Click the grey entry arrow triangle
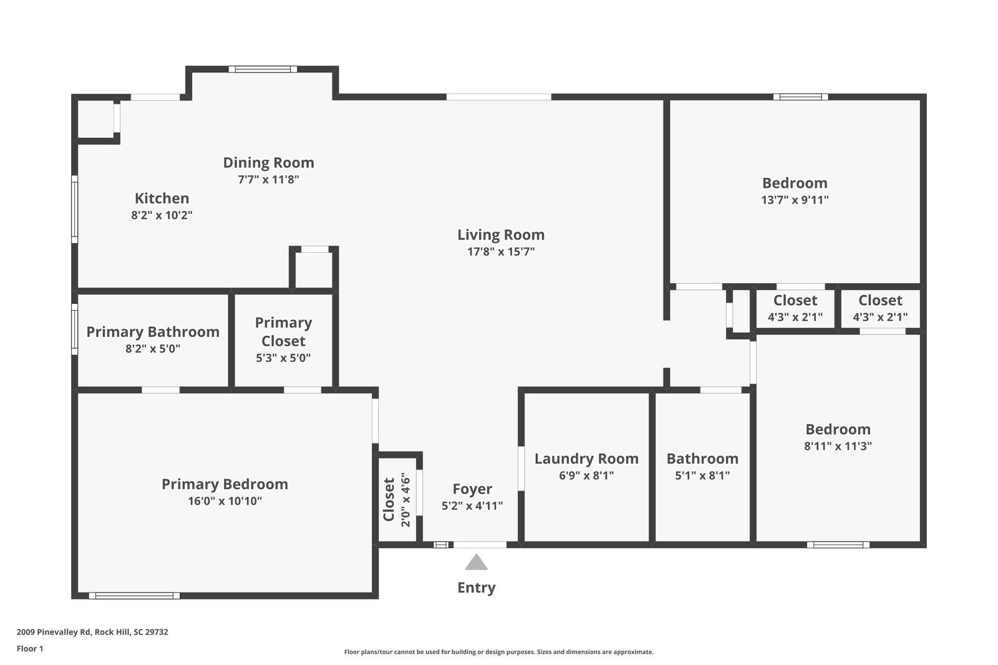click(x=476, y=563)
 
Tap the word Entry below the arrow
click(x=476, y=588)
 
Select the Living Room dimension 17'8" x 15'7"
click(x=501, y=252)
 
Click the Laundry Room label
click(x=586, y=459)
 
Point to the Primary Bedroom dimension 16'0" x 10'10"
click(x=225, y=501)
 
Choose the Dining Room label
click(x=268, y=163)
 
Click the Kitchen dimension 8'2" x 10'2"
click(x=162, y=215)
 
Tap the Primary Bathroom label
click(x=153, y=332)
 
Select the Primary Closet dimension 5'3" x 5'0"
click(x=283, y=358)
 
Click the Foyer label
click(x=472, y=489)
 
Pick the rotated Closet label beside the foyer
click(x=389, y=500)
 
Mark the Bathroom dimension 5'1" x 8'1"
click(x=702, y=475)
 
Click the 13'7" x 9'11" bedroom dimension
click(x=795, y=200)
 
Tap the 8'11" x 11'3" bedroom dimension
click(x=838, y=446)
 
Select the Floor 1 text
click(x=30, y=649)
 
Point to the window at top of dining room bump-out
click(x=262, y=69)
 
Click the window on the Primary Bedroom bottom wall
click(x=134, y=596)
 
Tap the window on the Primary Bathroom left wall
click(x=74, y=329)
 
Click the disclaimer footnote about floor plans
click(x=498, y=652)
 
